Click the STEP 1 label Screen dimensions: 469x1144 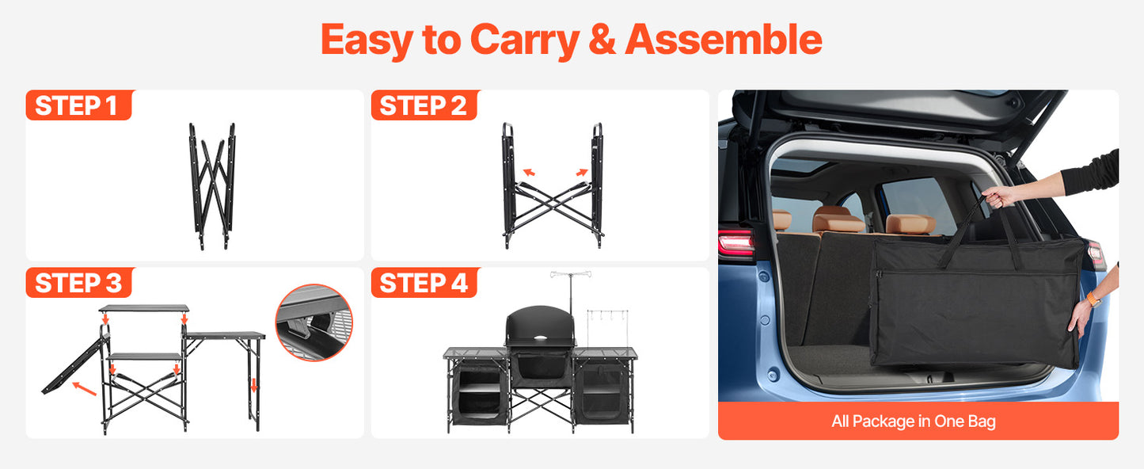point(77,105)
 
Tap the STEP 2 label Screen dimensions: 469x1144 point(424,105)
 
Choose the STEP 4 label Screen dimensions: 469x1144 point(424,283)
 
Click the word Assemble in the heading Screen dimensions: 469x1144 point(724,40)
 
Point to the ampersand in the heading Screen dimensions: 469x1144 point(602,40)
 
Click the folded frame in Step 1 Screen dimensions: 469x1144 point(211,185)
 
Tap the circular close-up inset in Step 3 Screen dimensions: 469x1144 point(314,322)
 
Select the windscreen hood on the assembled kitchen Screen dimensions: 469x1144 point(538,326)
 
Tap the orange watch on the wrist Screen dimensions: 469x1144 point(1094,299)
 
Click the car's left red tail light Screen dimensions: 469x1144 point(735,244)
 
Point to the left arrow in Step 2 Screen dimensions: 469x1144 point(528,170)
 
